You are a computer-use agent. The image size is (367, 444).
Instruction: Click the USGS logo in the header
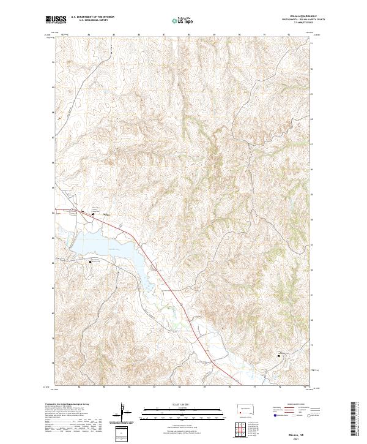[56, 20]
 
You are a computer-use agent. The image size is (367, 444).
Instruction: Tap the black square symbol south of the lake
[91, 262]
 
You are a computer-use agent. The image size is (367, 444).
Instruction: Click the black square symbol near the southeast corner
[280, 355]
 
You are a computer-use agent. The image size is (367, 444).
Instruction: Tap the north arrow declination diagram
[122, 412]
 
